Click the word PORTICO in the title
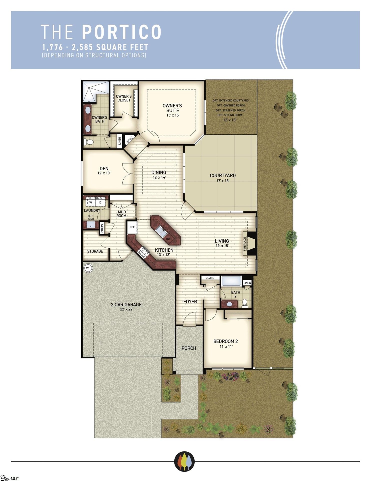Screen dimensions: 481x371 (122, 32)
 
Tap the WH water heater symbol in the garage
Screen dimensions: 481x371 (88, 268)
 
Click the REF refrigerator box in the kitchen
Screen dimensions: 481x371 (132, 227)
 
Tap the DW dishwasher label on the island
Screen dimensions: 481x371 (168, 239)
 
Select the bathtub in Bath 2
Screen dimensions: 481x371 (231, 281)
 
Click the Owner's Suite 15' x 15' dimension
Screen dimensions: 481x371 (173, 115)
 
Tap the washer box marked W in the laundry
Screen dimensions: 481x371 (91, 202)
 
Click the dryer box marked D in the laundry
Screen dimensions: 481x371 (100, 202)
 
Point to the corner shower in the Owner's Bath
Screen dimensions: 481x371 (90, 91)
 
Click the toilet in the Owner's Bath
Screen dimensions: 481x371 (89, 142)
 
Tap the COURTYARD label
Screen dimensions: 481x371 (223, 175)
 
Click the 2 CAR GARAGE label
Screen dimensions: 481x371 (126, 305)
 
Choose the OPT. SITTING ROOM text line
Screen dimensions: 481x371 (230, 115)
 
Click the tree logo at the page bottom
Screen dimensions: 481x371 (184, 461)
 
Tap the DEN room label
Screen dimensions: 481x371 (104, 169)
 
